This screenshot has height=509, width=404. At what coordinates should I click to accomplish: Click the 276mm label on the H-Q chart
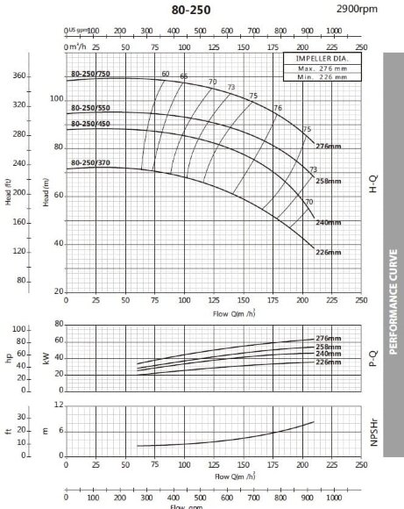[327, 146]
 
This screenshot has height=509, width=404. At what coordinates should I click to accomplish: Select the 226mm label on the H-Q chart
[327, 252]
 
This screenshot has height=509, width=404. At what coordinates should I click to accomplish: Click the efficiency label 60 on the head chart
[165, 73]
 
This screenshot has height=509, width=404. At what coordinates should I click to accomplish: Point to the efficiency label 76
[278, 107]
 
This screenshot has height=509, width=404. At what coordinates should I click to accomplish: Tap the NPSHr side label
[373, 433]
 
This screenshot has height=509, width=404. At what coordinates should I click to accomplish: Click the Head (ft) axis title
[9, 190]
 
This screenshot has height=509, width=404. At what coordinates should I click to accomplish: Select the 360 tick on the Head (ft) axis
[20, 76]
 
